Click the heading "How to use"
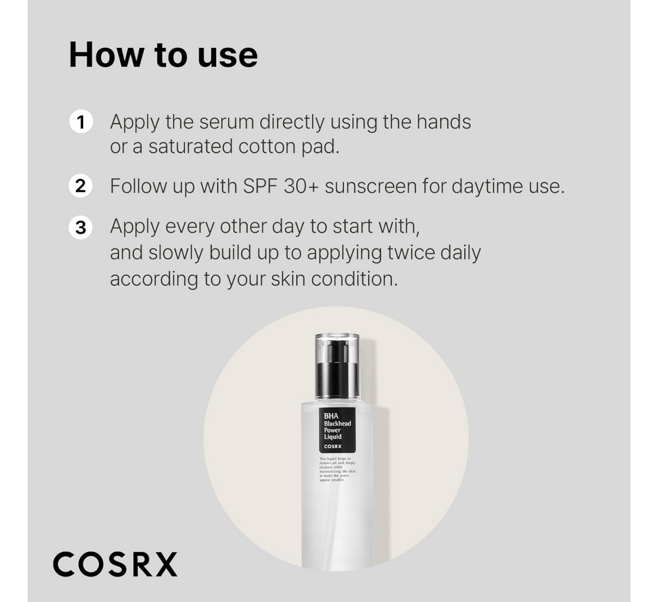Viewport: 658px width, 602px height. pyautogui.click(x=163, y=55)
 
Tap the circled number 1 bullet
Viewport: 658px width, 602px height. pyautogui.click(x=81, y=121)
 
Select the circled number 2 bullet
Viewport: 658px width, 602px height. pyautogui.click(x=81, y=186)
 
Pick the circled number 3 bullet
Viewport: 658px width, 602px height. pyautogui.click(x=81, y=227)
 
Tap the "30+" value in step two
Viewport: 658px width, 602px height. pyautogui.click(x=301, y=186)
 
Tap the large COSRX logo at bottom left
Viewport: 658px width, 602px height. pyautogui.click(x=115, y=565)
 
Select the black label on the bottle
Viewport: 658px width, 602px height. pyautogui.click(x=337, y=430)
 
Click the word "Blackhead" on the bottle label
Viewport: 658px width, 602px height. pyautogui.click(x=337, y=424)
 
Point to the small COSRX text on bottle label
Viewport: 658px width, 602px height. pyautogui.click(x=333, y=446)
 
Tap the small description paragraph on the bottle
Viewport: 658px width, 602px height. pyautogui.click(x=337, y=469)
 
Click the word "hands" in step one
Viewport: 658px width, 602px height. pyautogui.click(x=444, y=122)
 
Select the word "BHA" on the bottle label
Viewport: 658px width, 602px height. pyautogui.click(x=331, y=416)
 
